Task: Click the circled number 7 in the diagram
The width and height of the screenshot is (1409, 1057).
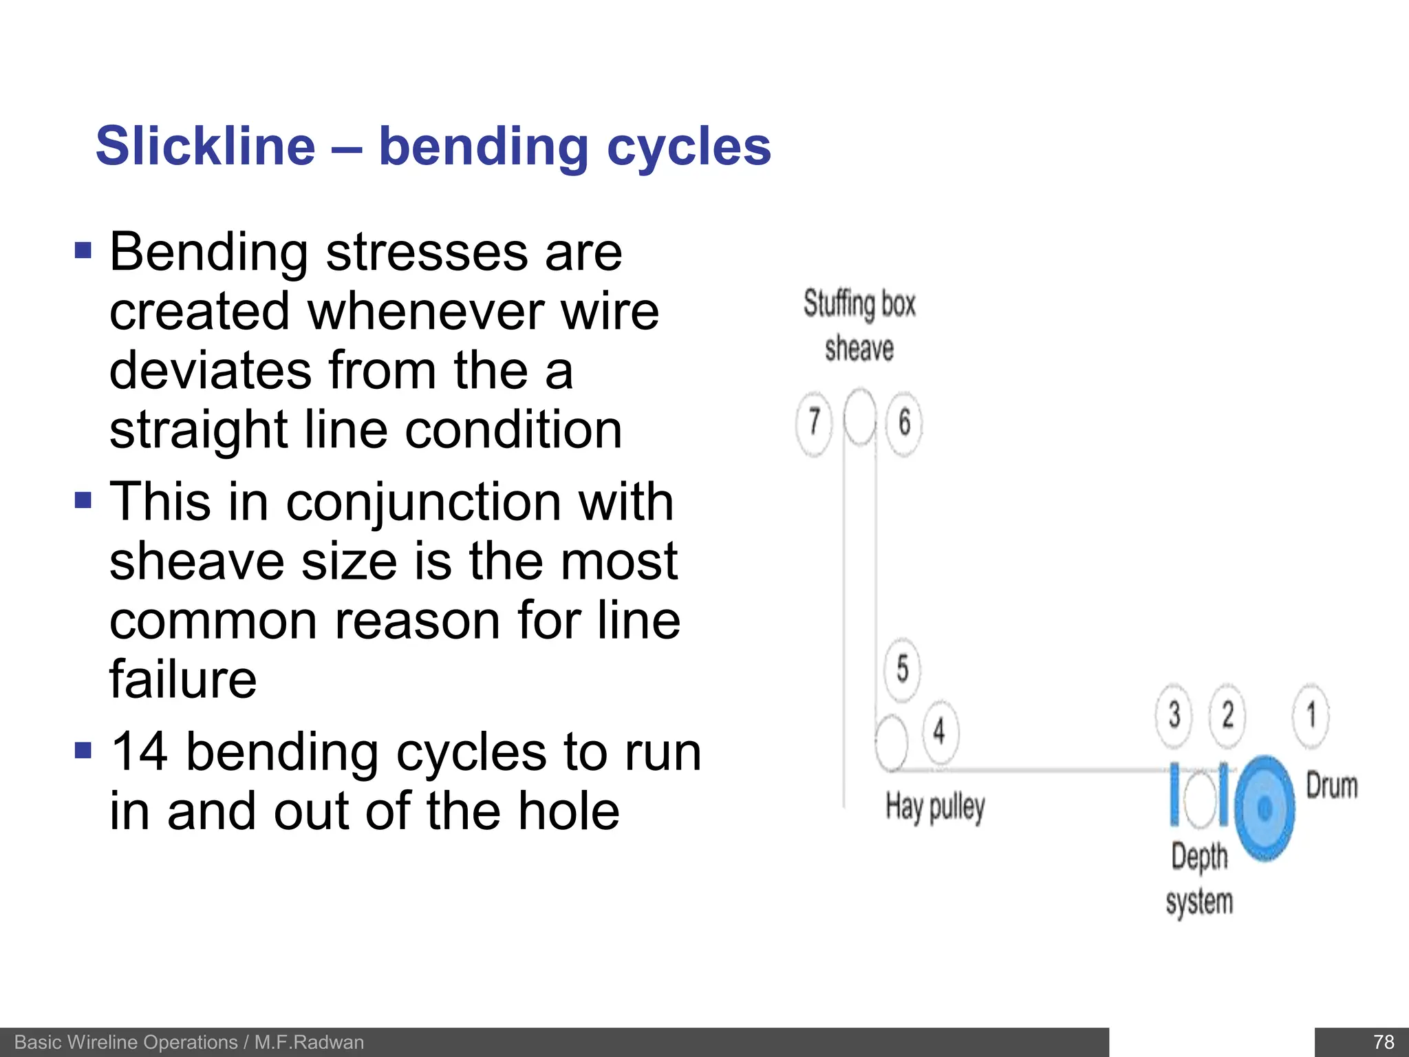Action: [x=814, y=421]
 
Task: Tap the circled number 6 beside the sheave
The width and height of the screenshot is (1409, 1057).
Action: [x=904, y=422]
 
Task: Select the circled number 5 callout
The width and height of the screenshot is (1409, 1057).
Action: [x=902, y=668]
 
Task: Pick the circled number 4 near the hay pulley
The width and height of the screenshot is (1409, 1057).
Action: [x=939, y=731]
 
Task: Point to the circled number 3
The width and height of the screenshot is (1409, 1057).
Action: [x=1174, y=715]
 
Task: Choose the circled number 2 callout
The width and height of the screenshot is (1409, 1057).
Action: [x=1227, y=715]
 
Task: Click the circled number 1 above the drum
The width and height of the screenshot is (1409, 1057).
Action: [x=1311, y=715]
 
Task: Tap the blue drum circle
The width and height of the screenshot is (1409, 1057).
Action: [x=1265, y=809]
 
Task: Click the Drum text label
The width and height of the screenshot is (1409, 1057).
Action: [x=1331, y=785]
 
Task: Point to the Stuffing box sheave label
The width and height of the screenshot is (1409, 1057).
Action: [x=859, y=325]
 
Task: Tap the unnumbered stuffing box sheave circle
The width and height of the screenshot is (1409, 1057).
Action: [x=859, y=416]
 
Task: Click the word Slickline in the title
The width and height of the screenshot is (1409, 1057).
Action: [x=205, y=146]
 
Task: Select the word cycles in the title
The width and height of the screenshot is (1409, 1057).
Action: [x=689, y=146]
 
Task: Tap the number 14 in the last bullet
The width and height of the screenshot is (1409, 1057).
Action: [x=138, y=751]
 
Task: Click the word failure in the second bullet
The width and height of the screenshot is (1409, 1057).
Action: [x=183, y=679]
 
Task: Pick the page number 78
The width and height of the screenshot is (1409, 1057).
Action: [x=1383, y=1042]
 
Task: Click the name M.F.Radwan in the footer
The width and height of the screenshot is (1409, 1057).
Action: [x=309, y=1043]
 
